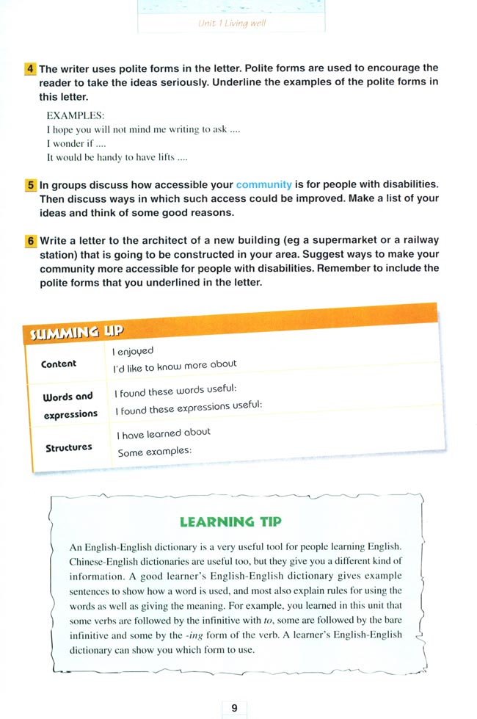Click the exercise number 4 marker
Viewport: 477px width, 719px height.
[x=30, y=68]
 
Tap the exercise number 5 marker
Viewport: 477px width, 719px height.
[x=30, y=185]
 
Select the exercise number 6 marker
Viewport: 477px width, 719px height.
[x=30, y=241]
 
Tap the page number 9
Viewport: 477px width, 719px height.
[x=234, y=708]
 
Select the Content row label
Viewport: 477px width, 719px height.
[x=59, y=364]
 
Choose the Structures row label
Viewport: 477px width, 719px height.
[x=69, y=447]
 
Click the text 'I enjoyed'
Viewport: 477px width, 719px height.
[x=133, y=352]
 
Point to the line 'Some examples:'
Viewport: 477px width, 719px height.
[x=154, y=452]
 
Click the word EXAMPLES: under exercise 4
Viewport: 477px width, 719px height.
[x=76, y=115]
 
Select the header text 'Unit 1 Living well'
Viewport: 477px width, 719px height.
[x=232, y=23]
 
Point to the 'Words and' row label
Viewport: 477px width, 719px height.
[x=68, y=397]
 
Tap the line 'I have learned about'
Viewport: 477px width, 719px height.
[x=164, y=433]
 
